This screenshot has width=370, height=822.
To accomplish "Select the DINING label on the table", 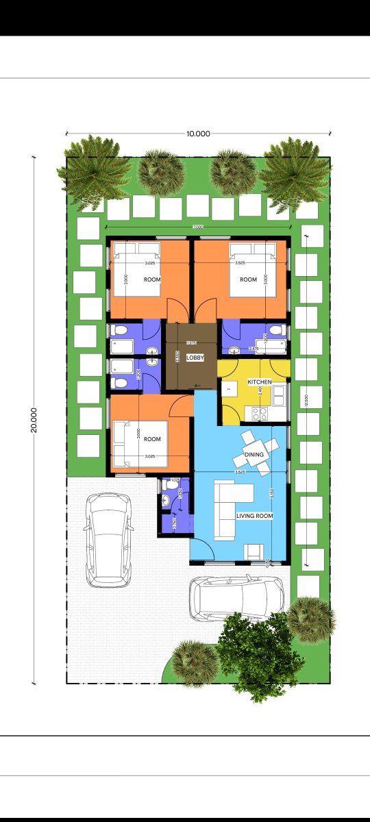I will (x=254, y=454).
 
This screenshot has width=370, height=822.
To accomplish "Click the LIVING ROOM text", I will (x=255, y=516).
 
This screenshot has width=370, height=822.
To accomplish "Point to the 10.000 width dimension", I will (x=198, y=134).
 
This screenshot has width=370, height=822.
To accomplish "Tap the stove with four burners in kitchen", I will (x=260, y=413).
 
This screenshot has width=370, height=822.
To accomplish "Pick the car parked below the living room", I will (x=237, y=598).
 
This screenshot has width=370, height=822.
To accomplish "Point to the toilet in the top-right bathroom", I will (x=275, y=331).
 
